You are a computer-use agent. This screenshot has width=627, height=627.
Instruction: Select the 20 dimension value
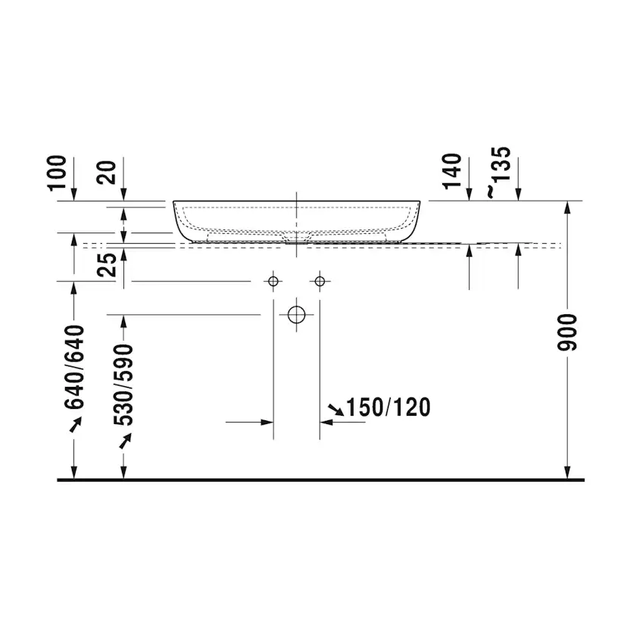[x=107, y=173]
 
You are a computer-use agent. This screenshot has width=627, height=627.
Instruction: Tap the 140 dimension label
[x=452, y=170]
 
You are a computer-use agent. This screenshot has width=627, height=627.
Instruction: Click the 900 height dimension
[x=567, y=332]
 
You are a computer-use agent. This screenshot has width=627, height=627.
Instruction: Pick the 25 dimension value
[x=107, y=265]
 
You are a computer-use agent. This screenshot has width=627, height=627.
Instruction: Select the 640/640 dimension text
[x=75, y=367]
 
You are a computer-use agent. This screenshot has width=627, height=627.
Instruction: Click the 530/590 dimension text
[x=123, y=385]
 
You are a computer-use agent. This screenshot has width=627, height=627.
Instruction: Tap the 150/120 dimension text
[x=388, y=407]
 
